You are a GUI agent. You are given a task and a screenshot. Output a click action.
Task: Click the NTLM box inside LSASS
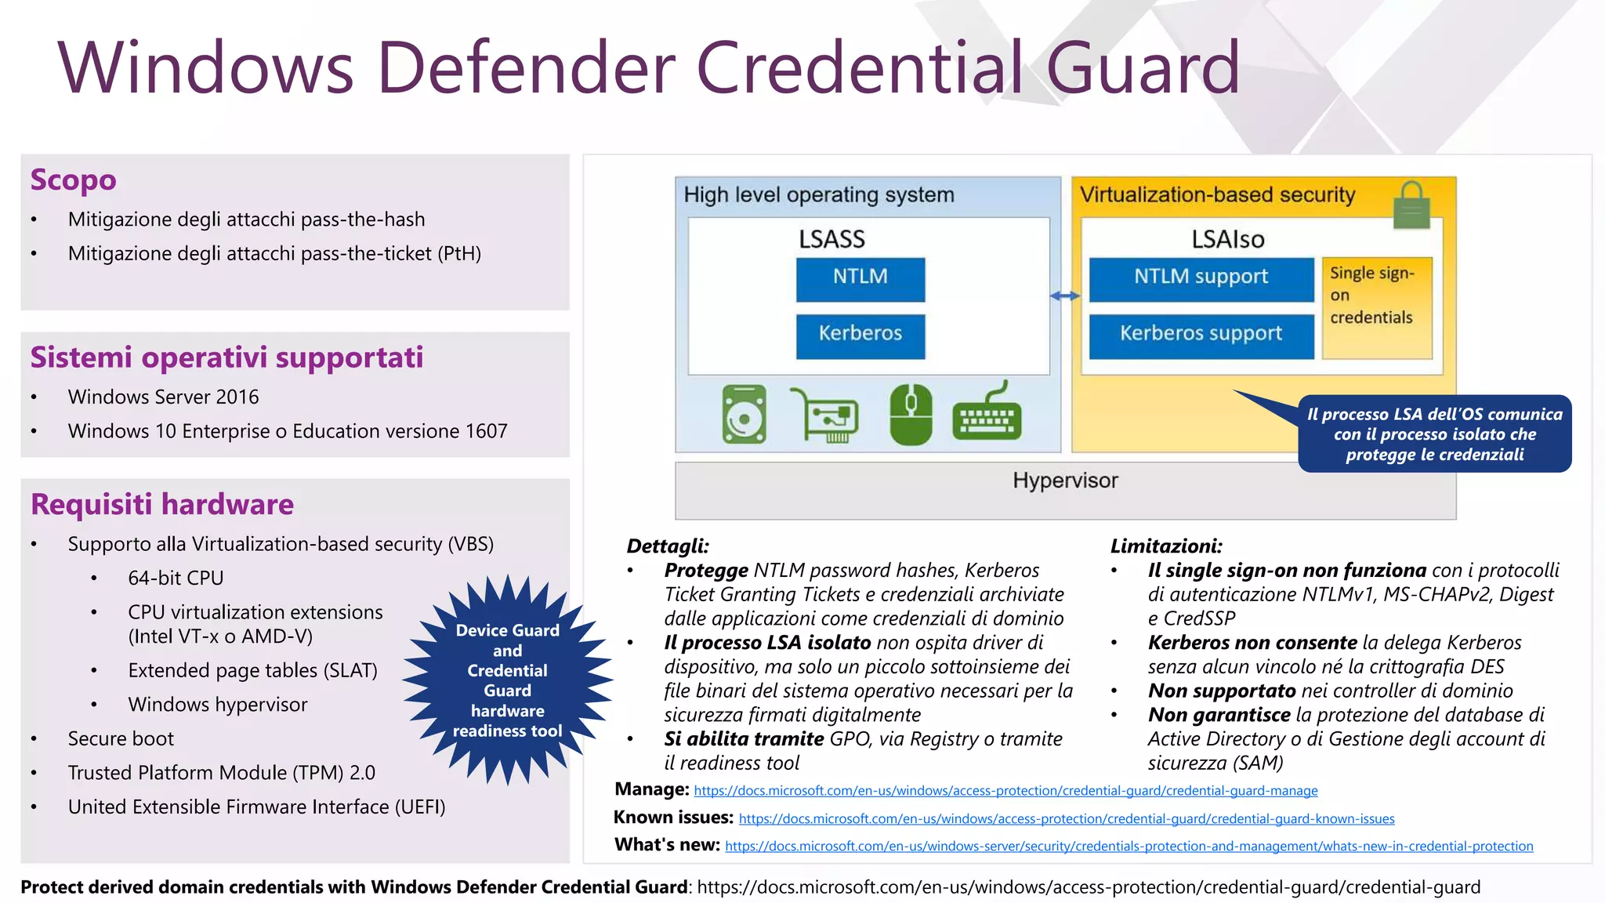click(860, 279)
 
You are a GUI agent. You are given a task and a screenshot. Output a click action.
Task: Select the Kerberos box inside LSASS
click(860, 335)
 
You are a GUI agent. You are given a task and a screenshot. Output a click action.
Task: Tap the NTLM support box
click(1201, 279)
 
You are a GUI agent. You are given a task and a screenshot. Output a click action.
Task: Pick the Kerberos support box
click(1201, 335)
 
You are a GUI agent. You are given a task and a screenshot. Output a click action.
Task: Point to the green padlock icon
click(1411, 205)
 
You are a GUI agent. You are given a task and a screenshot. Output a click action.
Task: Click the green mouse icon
click(911, 415)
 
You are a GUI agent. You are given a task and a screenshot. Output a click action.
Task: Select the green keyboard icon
click(987, 415)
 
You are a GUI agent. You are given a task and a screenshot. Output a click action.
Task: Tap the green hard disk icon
click(744, 415)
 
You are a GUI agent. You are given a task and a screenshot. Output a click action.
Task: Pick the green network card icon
click(826, 415)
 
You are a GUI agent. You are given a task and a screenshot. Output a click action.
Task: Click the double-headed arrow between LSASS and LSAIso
click(1065, 296)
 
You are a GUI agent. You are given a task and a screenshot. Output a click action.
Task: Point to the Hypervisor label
click(1065, 481)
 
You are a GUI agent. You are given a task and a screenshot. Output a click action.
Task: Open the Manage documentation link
click(1005, 791)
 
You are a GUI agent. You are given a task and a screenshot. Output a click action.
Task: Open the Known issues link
click(1066, 819)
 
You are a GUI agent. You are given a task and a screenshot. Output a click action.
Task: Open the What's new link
click(1129, 847)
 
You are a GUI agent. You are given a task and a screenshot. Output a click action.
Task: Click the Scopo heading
click(73, 180)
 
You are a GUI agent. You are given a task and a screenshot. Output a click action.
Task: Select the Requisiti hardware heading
click(161, 504)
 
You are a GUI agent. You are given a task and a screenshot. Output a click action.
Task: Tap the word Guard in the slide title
click(1142, 69)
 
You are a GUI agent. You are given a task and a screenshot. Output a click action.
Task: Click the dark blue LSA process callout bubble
click(1434, 434)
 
